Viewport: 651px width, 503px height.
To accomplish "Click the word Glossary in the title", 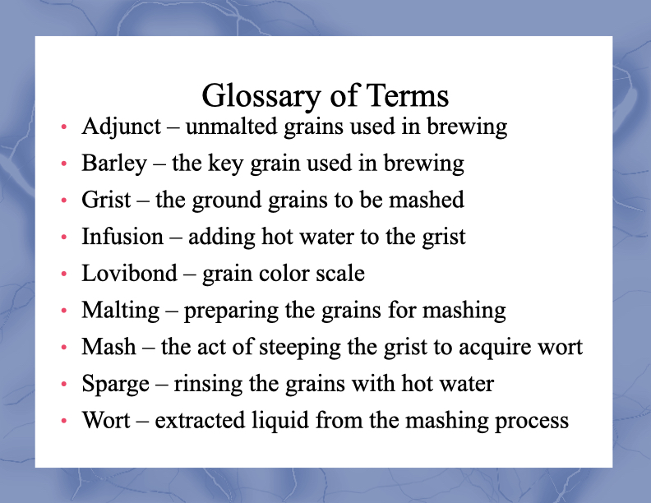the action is click(x=261, y=97).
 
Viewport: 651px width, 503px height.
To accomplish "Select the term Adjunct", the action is click(x=121, y=127).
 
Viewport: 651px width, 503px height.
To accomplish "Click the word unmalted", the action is click(x=231, y=127).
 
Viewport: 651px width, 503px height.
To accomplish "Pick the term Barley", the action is click(x=114, y=164).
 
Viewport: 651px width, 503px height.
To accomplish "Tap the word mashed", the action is click(x=427, y=199).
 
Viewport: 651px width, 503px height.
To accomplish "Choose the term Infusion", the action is click(x=122, y=236).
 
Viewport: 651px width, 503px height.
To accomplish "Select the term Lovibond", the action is click(x=130, y=273).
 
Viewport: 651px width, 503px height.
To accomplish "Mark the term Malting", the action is click(x=120, y=311).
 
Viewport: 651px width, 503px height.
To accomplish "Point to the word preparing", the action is click(x=231, y=311).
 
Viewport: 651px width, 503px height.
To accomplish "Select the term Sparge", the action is click(x=115, y=384).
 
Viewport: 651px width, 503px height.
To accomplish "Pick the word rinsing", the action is click(x=208, y=384).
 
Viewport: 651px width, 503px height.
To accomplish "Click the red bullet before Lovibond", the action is click(x=63, y=274).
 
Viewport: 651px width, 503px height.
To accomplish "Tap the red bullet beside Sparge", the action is click(x=63, y=384).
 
